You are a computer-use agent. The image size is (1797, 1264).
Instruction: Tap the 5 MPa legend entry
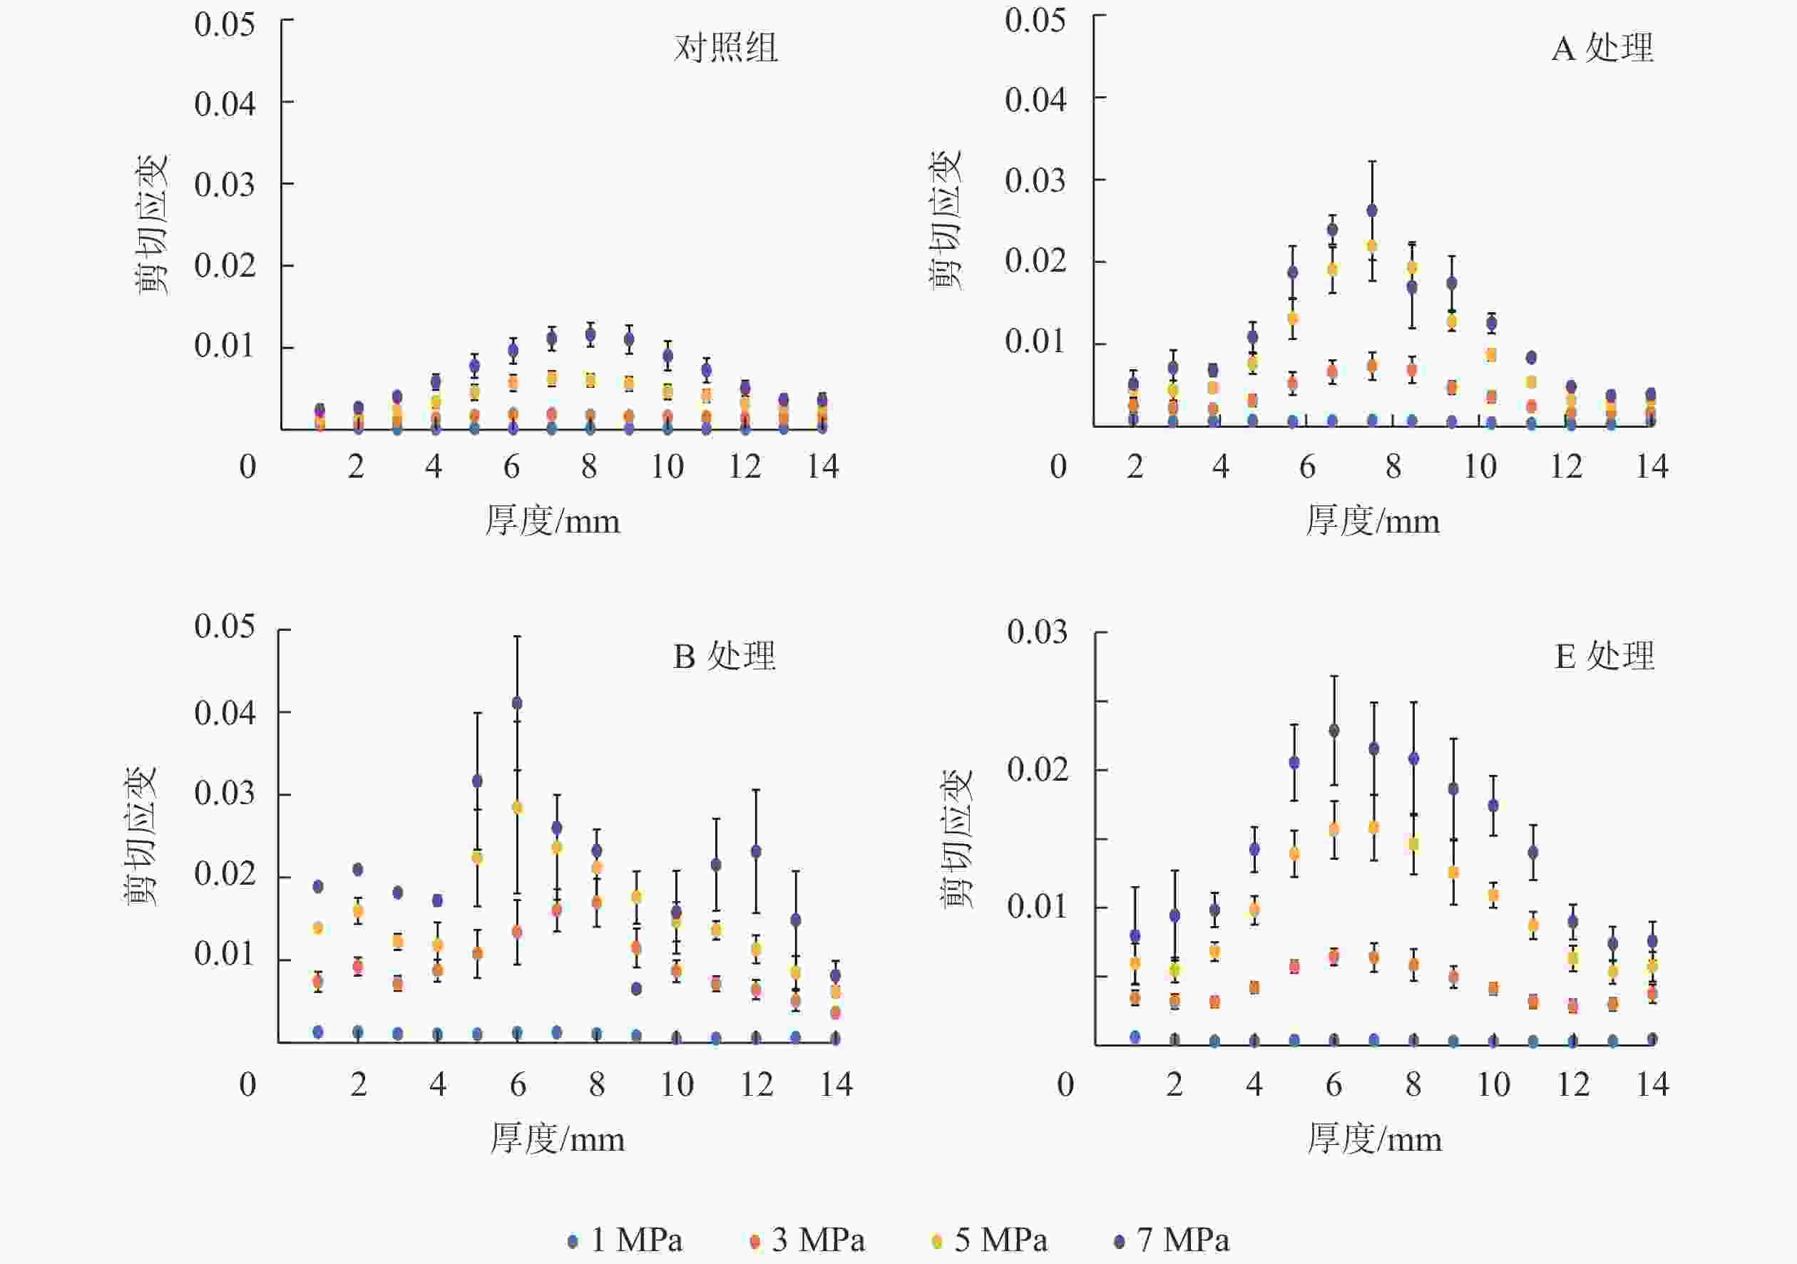989,1240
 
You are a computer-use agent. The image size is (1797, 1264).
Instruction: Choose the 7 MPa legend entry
1172,1240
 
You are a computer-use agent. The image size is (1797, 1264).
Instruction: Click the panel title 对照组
725,48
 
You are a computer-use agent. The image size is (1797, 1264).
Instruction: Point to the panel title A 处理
1602,48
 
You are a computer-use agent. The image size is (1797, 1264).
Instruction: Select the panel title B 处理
724,656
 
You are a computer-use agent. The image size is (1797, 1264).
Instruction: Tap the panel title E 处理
1604,656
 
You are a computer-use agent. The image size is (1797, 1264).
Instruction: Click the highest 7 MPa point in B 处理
516,704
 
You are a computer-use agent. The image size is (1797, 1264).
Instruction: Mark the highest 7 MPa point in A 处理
1372,210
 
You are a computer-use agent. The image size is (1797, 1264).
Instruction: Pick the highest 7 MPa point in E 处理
1334,730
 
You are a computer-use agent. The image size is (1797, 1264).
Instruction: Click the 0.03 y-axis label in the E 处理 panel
1037,632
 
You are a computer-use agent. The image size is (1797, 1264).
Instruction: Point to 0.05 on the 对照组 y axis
225,25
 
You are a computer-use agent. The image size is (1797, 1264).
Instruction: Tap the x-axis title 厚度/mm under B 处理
557,1139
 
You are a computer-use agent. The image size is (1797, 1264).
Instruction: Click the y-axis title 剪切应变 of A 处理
946,221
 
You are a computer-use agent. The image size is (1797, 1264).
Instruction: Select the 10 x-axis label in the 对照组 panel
667,467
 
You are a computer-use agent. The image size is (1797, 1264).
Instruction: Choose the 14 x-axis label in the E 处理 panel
1653,1085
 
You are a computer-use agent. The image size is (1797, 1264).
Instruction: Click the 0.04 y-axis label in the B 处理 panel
225,714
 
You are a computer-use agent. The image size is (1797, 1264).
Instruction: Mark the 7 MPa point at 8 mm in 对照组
590,335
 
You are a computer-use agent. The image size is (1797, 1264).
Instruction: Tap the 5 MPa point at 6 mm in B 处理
516,808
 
